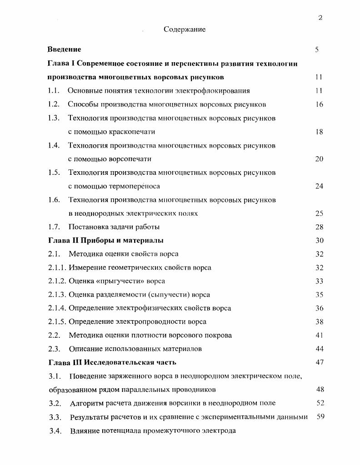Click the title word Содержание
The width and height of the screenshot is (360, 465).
click(x=185, y=30)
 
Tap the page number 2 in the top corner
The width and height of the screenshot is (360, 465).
click(x=320, y=18)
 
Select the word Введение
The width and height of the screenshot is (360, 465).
click(x=65, y=49)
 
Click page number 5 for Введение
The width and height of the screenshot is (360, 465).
click(x=317, y=49)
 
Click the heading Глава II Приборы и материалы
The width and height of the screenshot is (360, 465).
click(x=106, y=240)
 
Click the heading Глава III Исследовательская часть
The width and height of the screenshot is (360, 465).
click(x=112, y=362)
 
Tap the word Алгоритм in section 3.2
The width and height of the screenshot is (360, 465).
click(x=86, y=403)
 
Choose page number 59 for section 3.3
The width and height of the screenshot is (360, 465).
click(x=320, y=416)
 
